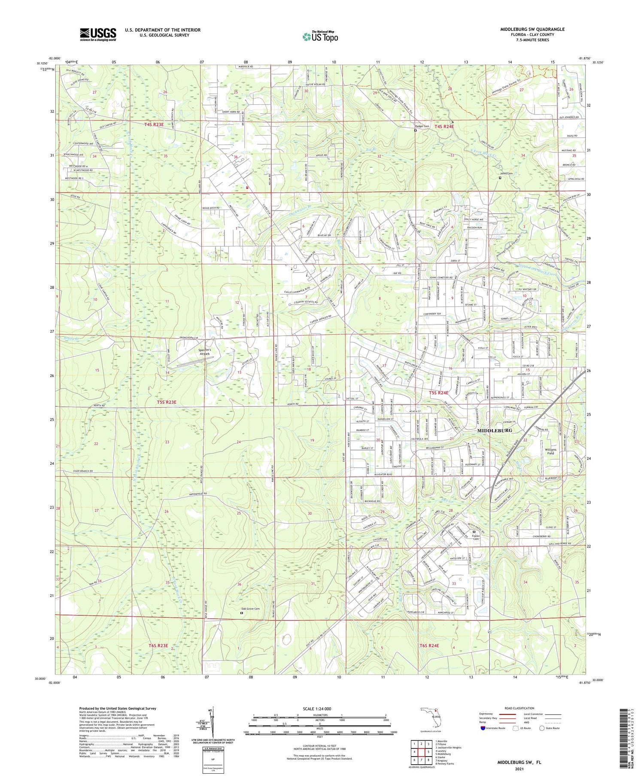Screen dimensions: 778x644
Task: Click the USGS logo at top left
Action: pyautogui.click(x=98, y=34)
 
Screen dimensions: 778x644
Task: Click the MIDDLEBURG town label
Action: pyautogui.click(x=494, y=430)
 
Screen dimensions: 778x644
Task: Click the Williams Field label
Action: pyautogui.click(x=551, y=451)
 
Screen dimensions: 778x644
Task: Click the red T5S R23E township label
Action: pyautogui.click(x=166, y=402)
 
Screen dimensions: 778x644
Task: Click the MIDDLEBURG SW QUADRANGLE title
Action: pyautogui.click(x=532, y=29)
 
